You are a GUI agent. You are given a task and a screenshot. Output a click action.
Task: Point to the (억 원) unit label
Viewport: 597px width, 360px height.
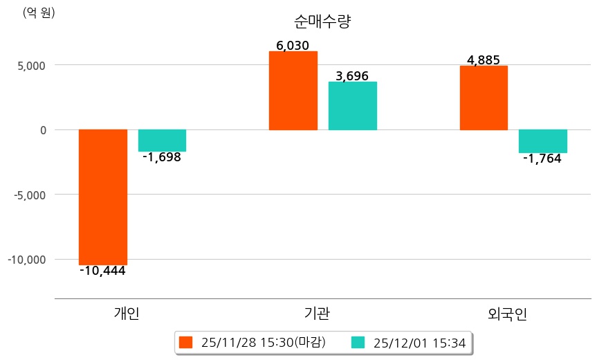(39, 12)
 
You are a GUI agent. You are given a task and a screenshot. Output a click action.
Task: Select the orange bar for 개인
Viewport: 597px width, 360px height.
(103, 197)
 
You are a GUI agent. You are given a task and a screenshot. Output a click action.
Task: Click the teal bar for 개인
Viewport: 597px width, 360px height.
(162, 141)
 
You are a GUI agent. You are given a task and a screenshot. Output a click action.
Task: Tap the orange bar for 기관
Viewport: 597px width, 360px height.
(293, 91)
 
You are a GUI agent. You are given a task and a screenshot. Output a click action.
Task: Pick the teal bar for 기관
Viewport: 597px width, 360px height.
(353, 106)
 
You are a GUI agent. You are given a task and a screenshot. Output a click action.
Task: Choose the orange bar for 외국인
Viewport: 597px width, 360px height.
(484, 98)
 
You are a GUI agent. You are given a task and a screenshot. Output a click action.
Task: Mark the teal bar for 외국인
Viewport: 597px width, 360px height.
(543, 141)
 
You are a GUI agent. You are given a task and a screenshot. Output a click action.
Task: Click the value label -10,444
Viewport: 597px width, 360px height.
(102, 271)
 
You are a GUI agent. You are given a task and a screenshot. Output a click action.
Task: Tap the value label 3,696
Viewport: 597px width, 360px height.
(352, 75)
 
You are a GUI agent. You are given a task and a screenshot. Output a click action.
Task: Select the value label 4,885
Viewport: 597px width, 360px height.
(484, 60)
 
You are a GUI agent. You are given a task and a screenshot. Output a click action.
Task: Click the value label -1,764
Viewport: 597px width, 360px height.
(542, 159)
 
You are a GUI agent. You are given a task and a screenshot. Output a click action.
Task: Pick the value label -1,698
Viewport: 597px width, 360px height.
(162, 157)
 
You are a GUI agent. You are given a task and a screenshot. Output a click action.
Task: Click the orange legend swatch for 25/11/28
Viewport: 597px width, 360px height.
(185, 342)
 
